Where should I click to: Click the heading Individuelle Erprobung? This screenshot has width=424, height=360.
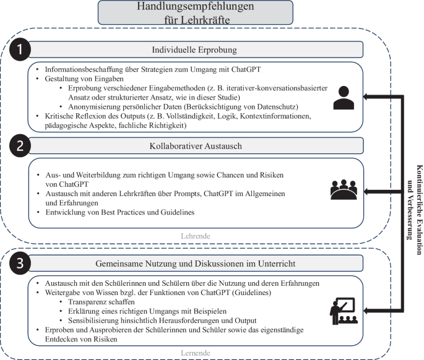click(x=195, y=49)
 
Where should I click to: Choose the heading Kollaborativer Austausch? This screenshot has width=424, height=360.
click(x=195, y=145)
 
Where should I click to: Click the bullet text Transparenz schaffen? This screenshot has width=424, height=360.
click(x=102, y=301)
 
